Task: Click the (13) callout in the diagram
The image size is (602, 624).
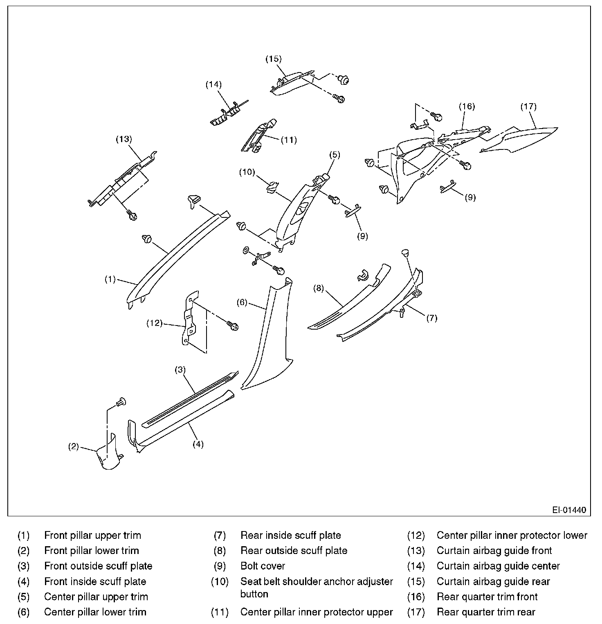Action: [x=124, y=139]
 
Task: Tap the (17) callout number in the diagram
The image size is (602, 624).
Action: [x=528, y=106]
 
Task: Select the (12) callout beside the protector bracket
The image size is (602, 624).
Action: [x=154, y=323]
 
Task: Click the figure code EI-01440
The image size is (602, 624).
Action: [x=569, y=510]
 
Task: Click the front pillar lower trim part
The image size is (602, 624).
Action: [x=108, y=454]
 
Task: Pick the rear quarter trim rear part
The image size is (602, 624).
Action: [x=519, y=139]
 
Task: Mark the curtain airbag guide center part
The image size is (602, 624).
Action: [x=225, y=115]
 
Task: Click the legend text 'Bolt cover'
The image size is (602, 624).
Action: [x=263, y=566]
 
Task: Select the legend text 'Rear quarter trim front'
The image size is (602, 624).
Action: [x=487, y=597]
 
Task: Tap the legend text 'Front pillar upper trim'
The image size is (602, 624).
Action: [x=92, y=535]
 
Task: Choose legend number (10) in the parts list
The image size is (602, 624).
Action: [x=220, y=581]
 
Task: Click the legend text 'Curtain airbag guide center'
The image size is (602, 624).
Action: [x=498, y=566]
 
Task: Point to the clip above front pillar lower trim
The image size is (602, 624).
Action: [x=121, y=402]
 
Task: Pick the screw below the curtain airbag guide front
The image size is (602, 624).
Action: [x=132, y=214]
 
